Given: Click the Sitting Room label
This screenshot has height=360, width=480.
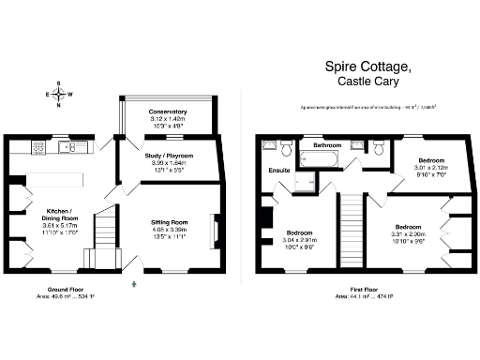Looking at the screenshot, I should pos(169,221).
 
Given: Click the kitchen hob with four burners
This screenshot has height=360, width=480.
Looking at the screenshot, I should pos(39,146).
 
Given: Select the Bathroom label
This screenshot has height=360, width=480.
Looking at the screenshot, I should pos(326,146).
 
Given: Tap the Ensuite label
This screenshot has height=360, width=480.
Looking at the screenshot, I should pos(279,171).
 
